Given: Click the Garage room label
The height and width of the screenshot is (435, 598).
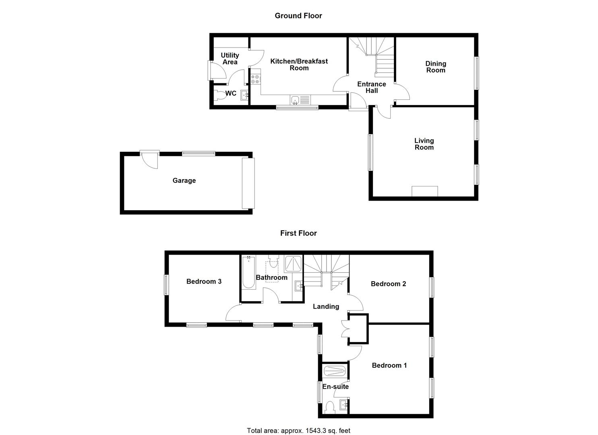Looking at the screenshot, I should [x=184, y=180].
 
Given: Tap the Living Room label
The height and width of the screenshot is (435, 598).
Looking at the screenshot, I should [x=424, y=144].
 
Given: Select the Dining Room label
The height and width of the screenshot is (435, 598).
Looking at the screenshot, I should [x=435, y=67].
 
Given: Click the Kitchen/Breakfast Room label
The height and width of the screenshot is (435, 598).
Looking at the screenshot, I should [x=299, y=64].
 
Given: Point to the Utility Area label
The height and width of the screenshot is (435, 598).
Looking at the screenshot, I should [x=230, y=58].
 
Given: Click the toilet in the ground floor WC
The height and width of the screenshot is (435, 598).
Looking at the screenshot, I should [x=220, y=95].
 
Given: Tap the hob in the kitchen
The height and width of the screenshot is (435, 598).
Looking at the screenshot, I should [x=255, y=79].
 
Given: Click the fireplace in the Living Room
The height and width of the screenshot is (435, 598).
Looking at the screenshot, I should [x=424, y=191].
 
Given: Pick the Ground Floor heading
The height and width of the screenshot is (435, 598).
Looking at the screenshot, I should [x=298, y=16].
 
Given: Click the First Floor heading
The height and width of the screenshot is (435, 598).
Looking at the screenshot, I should [x=298, y=233].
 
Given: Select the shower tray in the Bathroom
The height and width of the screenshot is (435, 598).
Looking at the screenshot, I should [x=293, y=263].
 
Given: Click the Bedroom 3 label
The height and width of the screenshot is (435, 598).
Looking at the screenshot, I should [x=204, y=282].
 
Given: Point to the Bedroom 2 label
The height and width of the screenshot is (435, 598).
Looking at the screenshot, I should [x=388, y=284].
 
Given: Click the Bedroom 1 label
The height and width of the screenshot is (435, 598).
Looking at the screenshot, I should [x=389, y=365].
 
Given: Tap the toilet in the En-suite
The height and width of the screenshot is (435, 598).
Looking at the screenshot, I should [x=329, y=407].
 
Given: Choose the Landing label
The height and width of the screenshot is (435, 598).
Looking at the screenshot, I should [x=326, y=307].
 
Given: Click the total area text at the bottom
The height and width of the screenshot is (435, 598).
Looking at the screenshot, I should [x=298, y=431].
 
